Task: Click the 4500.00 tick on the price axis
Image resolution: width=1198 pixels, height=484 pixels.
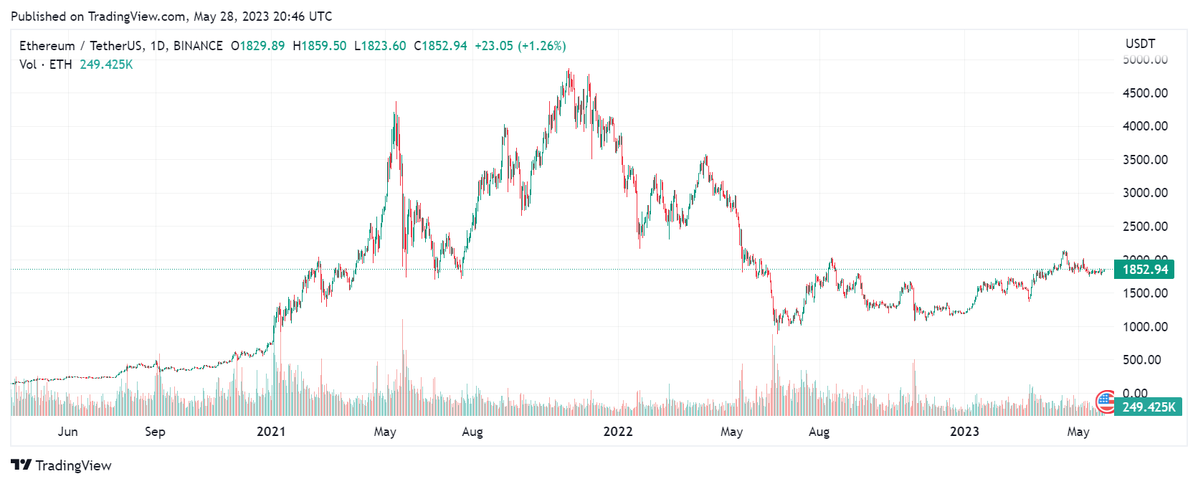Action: pos(1145,93)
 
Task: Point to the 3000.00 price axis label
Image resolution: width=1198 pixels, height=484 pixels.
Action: pos(1145,193)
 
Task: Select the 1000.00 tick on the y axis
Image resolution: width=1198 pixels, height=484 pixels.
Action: pos(1145,327)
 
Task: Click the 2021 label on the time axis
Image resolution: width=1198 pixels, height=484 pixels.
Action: pos(271,432)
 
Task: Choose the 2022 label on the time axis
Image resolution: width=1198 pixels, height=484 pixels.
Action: pos(618,432)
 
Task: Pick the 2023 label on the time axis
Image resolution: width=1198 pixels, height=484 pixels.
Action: pos(964,432)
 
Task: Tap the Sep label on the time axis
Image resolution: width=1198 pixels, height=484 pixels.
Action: pos(155,432)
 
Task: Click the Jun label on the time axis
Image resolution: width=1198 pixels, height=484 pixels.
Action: pos(68,432)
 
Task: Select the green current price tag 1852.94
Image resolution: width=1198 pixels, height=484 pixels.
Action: pos(1145,270)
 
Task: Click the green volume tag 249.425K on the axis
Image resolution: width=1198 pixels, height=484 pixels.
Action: pos(1149,407)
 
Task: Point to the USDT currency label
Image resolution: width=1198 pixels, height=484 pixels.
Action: pos(1140,44)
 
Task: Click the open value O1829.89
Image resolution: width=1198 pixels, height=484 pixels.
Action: pos(257,46)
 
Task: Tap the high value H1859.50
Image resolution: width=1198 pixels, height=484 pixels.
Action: pos(319,46)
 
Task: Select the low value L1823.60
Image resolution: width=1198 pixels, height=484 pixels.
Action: pos(380,46)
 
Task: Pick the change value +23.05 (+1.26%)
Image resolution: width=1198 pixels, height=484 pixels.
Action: pos(520,46)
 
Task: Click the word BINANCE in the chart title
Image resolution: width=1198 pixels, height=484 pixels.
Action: pos(198,46)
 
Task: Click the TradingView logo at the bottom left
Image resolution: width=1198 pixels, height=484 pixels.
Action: pos(62,465)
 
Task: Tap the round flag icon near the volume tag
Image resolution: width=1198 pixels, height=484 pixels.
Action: pos(1106,402)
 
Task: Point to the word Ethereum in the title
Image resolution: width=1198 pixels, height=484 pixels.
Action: pos(47,46)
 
